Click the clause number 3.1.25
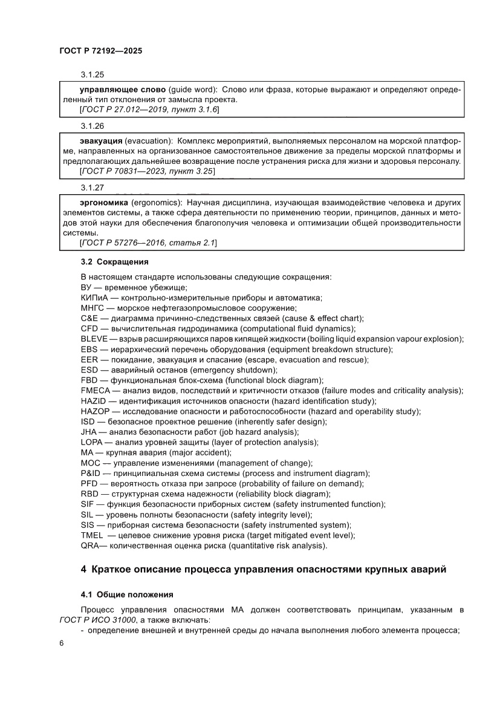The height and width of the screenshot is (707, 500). click(x=93, y=75)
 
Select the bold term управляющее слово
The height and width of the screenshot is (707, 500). click(x=114, y=90)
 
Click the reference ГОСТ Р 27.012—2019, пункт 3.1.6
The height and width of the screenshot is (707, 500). click(x=149, y=109)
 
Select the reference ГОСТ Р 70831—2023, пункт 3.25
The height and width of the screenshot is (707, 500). click(x=147, y=172)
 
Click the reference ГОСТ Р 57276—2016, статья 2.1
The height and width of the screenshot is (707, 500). click(x=148, y=243)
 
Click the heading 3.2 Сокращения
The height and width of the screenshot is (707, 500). click(x=114, y=262)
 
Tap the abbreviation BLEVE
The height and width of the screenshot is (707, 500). click(x=93, y=339)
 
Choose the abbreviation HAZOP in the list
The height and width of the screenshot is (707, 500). click(x=94, y=411)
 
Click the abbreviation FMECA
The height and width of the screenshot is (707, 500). click(x=94, y=391)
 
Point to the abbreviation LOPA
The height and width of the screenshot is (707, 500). click(x=92, y=442)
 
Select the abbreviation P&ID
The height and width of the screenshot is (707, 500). click(x=91, y=473)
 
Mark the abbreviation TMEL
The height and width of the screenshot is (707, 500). click(x=92, y=535)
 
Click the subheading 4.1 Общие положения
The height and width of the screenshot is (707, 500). click(x=127, y=594)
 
